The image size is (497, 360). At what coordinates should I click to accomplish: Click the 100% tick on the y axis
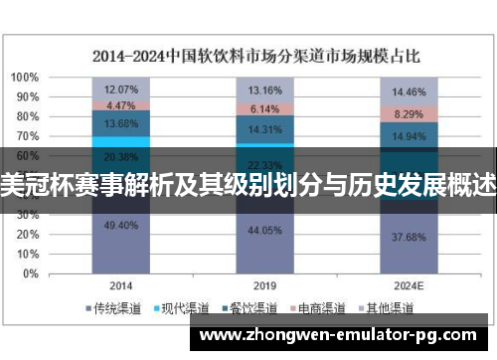point(26,78)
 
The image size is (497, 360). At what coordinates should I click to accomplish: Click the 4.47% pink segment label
point(120,105)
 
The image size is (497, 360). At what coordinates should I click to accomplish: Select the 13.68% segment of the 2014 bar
point(120,123)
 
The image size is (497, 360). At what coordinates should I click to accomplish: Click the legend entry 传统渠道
point(115,307)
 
